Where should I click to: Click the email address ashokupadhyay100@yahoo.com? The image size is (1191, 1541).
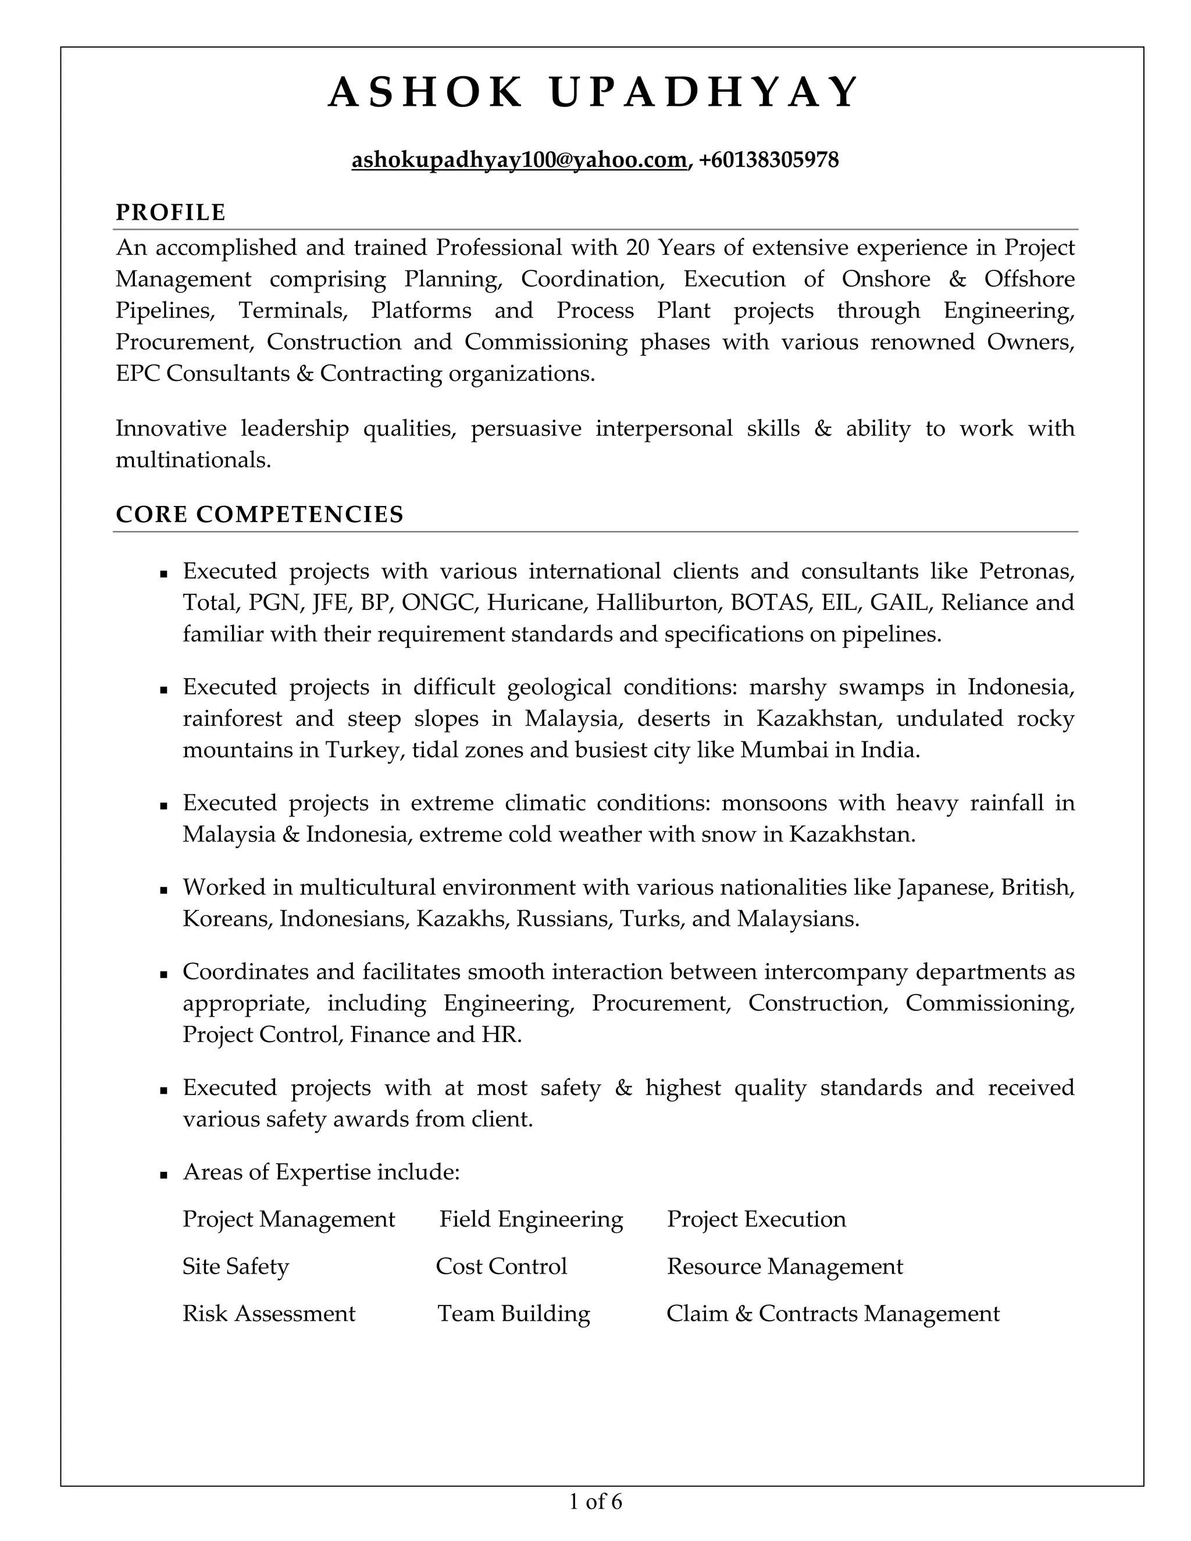coord(519,160)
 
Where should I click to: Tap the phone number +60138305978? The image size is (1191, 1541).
coord(769,160)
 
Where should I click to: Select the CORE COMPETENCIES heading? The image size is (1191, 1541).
coord(259,515)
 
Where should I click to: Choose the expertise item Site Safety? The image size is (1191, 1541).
coord(236,1267)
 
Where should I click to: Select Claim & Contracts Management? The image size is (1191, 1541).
coord(833,1314)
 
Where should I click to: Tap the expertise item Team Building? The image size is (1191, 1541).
coord(514,1314)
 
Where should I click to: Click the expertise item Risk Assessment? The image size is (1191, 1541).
coord(269,1314)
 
